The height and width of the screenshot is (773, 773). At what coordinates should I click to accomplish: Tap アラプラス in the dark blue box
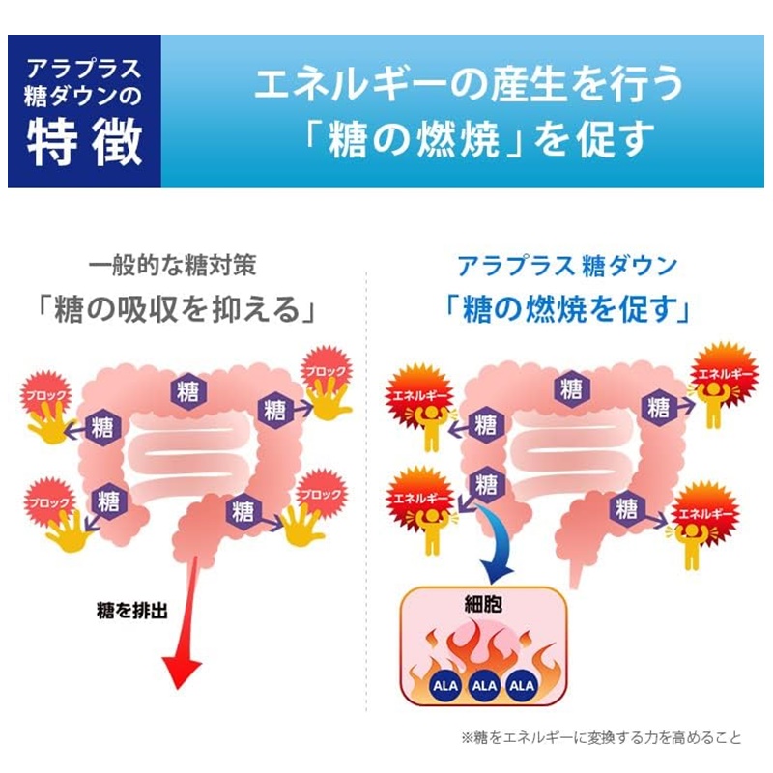[85, 69]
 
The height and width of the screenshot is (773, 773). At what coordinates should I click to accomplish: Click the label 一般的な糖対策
[173, 264]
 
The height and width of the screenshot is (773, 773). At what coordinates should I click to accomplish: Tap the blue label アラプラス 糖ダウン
[567, 264]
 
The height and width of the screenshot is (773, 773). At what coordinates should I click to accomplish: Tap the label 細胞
[481, 610]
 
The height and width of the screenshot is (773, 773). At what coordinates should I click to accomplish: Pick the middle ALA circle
[481, 685]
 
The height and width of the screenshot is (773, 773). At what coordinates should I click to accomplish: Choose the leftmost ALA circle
[441, 685]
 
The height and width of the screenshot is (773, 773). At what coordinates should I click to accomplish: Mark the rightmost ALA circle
[522, 685]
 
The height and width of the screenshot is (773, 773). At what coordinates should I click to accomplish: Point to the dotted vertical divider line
[366, 483]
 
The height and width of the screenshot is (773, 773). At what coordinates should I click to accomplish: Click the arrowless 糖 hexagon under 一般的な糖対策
[187, 390]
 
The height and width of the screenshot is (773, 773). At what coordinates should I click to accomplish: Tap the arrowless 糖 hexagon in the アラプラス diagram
[571, 388]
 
